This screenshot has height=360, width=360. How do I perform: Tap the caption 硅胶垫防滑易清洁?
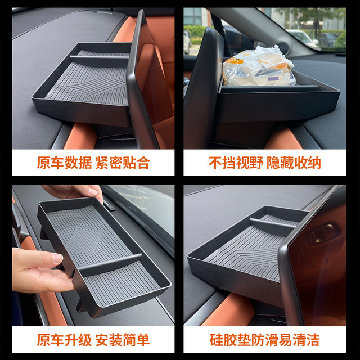coord(264,340)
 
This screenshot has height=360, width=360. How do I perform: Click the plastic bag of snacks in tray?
coord(258,66)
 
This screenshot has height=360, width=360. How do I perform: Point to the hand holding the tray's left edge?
coord(39,270)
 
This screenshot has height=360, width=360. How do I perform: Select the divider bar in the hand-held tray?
coord(110,264)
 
